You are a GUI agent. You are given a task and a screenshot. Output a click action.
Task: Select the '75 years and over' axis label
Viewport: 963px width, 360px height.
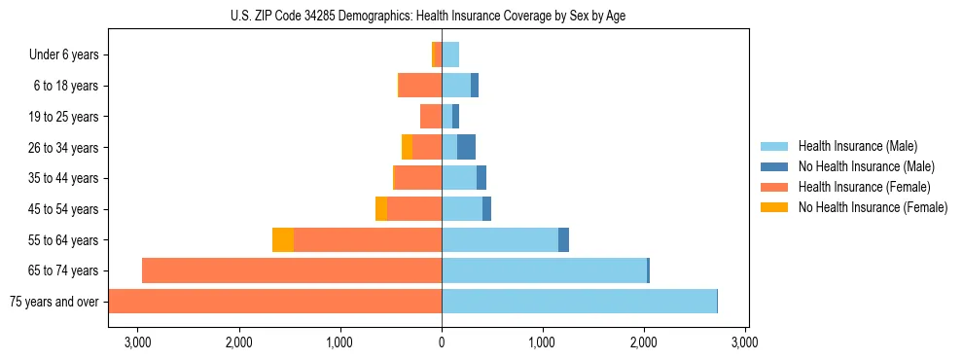coord(54,302)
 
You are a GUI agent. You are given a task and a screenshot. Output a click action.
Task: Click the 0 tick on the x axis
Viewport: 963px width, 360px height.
coord(442,342)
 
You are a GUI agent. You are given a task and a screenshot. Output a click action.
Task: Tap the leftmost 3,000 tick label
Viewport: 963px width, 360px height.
coord(138,342)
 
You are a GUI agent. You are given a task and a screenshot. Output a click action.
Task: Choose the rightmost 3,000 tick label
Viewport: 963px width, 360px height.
coord(745,342)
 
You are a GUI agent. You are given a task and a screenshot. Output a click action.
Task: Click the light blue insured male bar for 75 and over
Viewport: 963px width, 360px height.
coord(579,302)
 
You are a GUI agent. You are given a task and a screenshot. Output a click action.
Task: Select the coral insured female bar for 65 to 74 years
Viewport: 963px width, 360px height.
coord(292,270)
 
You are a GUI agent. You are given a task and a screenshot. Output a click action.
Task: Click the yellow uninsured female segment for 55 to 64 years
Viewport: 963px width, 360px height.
coord(283,240)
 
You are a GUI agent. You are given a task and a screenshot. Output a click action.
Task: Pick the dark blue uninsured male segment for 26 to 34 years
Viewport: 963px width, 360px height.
coord(466,148)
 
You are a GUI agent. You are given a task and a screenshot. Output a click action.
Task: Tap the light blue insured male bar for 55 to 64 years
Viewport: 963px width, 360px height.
coord(500,240)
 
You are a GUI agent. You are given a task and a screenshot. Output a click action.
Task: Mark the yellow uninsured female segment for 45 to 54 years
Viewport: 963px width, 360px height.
coord(381,209)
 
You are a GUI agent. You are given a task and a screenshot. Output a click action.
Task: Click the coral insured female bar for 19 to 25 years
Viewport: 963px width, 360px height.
coord(431,117)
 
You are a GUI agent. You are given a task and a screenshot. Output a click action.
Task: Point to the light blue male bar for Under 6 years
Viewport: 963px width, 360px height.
coord(450,55)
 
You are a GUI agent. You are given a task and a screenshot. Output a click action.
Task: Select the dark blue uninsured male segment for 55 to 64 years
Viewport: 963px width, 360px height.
coord(563,240)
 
